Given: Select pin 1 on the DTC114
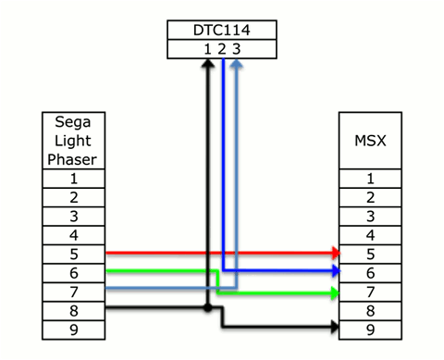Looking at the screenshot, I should coord(208,49).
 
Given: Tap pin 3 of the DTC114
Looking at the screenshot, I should coord(238,49).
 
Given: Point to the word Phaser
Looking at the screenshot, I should coord(73,158).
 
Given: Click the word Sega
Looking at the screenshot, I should coord(73,122).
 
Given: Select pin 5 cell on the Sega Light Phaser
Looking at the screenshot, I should coord(73,254).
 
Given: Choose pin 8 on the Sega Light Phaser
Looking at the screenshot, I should coord(73,310).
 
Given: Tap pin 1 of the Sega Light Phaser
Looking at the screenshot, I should coord(73,178).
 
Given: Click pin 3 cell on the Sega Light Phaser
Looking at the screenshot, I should coord(73,216).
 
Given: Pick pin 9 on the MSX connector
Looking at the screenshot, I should coord(370,329).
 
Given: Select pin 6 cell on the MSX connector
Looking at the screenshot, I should coord(370,272).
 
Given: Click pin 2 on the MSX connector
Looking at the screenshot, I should coord(370,197).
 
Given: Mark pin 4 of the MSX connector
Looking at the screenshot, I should coord(370,235).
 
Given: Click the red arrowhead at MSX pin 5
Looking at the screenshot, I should coord(335,253).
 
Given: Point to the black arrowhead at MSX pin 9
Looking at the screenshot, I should coord(335,327).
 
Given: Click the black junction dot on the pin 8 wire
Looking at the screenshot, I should coord(208,306).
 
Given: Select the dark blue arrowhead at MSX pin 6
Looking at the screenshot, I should coord(335,271).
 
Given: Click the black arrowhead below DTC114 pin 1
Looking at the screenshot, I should coord(208,65).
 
